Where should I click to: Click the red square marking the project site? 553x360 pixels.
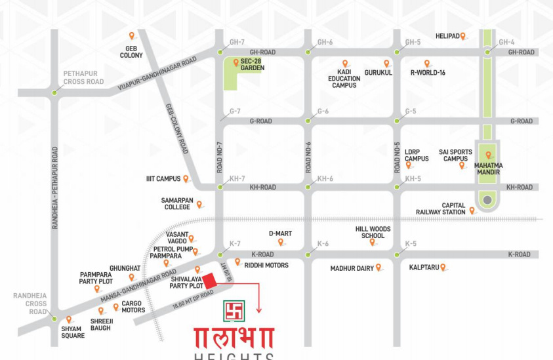point(209,281)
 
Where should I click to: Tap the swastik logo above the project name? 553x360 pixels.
point(234,310)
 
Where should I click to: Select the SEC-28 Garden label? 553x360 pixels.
point(252,64)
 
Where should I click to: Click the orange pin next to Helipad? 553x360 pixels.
point(463,36)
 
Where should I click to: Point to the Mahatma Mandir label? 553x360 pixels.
point(487,169)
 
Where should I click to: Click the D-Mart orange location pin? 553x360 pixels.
point(281,241)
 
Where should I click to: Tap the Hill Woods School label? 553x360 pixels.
point(373,232)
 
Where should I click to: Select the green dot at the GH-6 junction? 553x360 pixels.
point(308,52)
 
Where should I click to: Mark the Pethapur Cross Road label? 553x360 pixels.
point(83,78)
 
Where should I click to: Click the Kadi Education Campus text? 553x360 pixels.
point(344,79)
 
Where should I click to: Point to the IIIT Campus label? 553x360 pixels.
point(163,178)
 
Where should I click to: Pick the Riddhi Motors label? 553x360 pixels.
point(266,265)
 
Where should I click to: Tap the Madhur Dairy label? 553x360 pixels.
point(352,268)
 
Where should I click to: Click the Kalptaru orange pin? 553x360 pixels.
point(443,267)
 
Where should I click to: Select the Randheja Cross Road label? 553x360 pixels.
point(30,304)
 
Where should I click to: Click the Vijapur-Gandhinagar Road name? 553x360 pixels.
point(157,73)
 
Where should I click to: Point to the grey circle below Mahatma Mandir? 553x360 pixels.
point(487,199)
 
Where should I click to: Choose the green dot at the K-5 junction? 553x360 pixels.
point(397,254)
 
